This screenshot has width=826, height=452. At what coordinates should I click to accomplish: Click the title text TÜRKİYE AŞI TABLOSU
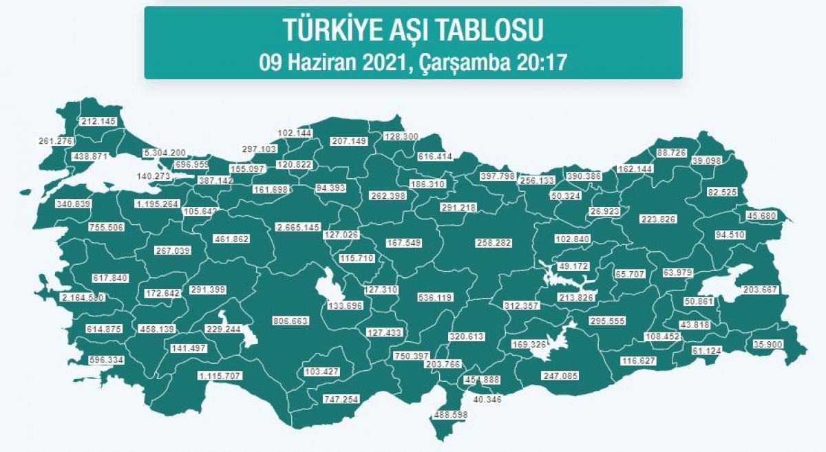(413, 30)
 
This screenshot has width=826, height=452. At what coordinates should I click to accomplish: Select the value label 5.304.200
(165, 153)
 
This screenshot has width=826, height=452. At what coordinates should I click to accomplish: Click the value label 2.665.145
(298, 227)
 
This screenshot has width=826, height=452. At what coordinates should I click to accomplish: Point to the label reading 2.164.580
(83, 298)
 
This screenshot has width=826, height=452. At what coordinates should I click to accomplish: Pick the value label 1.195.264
(157, 204)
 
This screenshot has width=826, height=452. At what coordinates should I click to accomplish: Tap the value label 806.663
(291, 321)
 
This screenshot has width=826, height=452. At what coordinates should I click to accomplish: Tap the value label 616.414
(435, 157)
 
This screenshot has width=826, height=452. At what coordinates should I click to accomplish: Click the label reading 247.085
(561, 376)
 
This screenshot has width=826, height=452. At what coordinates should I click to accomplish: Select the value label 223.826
(659, 219)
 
